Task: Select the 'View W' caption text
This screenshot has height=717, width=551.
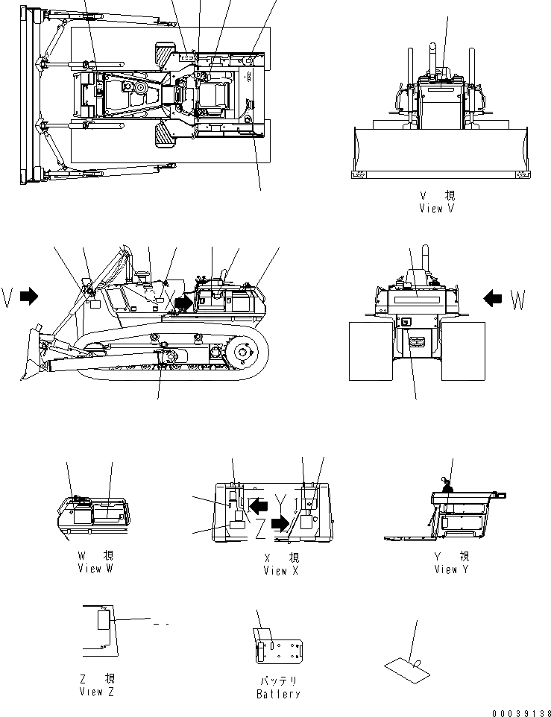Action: pyautogui.click(x=95, y=569)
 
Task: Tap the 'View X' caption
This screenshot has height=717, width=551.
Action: pyautogui.click(x=281, y=571)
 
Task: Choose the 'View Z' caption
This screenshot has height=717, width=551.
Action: pyautogui.click(x=97, y=692)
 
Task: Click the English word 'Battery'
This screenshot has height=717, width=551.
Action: pyautogui.click(x=278, y=694)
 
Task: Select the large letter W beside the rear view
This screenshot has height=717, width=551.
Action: pyautogui.click(x=518, y=300)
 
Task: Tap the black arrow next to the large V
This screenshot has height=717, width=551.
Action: pyautogui.click(x=29, y=297)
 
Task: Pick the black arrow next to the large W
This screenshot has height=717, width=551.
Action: pyautogui.click(x=492, y=299)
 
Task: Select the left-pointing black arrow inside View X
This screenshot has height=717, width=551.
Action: pyautogui.click(x=259, y=506)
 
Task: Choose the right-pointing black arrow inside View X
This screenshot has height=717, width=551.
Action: pyautogui.click(x=280, y=524)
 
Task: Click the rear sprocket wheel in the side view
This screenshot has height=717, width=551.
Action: pyautogui.click(x=244, y=352)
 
